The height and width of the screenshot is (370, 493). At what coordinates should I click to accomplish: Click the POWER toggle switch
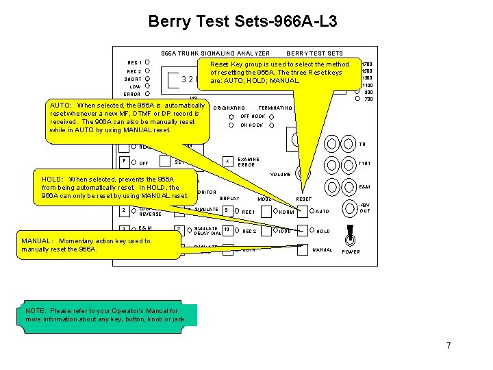351,234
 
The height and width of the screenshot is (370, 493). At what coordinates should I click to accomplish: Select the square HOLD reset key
303,231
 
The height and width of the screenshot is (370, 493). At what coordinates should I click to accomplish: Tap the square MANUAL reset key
303,249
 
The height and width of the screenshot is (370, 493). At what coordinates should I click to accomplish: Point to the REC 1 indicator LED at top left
148,62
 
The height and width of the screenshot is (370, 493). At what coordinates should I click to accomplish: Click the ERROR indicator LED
148,94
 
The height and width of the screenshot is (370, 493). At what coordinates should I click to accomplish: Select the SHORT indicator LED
148,79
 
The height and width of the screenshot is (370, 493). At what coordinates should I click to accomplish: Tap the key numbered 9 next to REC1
227,211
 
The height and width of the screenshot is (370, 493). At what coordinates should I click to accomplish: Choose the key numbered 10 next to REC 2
227,231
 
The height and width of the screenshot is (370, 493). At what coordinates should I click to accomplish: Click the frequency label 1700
366,64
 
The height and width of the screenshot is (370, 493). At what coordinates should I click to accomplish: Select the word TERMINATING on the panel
275,108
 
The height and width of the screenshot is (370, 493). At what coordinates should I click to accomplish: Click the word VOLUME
280,174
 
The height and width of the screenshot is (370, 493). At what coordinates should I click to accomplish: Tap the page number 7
448,345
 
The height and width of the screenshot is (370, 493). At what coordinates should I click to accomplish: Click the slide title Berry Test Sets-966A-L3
242,22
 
